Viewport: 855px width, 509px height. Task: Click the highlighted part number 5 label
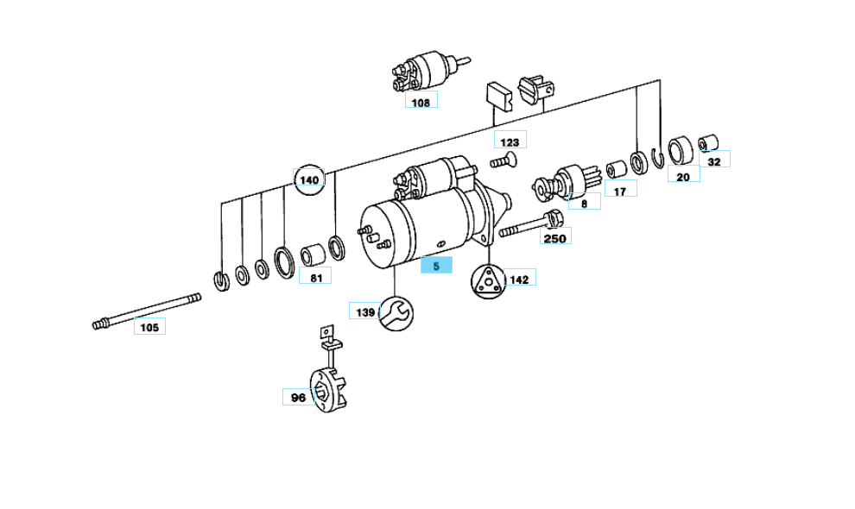[436, 266]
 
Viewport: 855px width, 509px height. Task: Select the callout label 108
[421, 103]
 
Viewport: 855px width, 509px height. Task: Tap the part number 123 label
[510, 141]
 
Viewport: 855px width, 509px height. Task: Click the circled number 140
[308, 180]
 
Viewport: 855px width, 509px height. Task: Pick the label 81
[315, 278]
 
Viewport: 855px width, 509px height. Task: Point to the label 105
[149, 327]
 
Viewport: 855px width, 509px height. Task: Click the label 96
[298, 398]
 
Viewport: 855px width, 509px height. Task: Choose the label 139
[364, 311]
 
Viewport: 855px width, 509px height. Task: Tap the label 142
[518, 279]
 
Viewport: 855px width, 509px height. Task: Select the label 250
[555, 238]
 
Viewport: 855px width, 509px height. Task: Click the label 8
[584, 204]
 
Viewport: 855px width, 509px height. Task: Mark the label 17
[619, 191]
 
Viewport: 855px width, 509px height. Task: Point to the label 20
[683, 176]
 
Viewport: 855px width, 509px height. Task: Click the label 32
[713, 160]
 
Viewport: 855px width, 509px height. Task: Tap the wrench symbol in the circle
[396, 312]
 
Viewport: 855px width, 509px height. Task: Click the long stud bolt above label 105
[146, 310]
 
